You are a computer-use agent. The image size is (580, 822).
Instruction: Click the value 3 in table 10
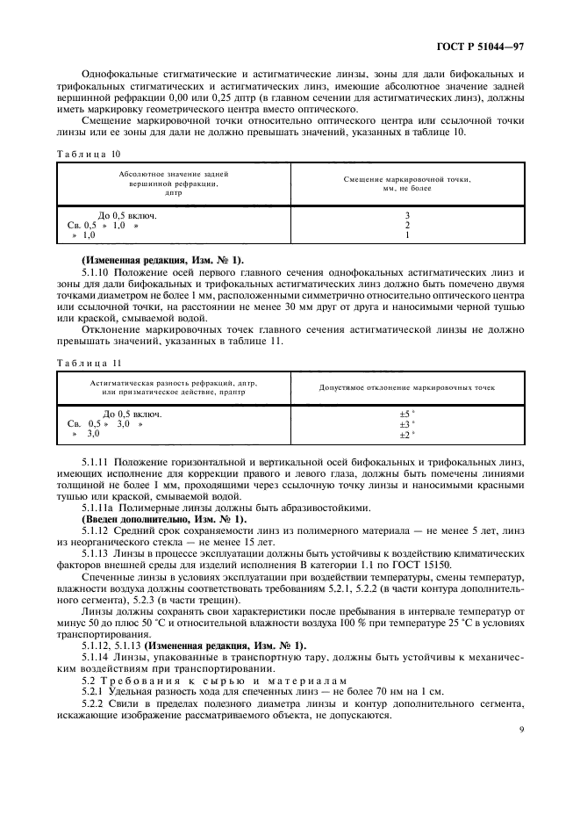coord(407,215)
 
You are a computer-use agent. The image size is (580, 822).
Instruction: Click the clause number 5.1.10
coord(95,273)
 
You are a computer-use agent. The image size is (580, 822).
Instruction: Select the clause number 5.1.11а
coord(97,508)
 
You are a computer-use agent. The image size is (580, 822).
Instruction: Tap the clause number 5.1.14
coord(95,657)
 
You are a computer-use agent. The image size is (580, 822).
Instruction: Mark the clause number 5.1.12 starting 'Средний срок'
coord(95,530)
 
